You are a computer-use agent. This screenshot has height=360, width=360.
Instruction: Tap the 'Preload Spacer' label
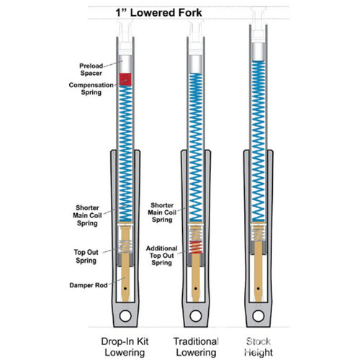pyautogui.click(x=94, y=69)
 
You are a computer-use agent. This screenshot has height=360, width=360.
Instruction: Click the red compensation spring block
pyautogui.click(x=126, y=77)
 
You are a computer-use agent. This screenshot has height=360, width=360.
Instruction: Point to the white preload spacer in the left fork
pyautogui.click(x=126, y=63)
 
